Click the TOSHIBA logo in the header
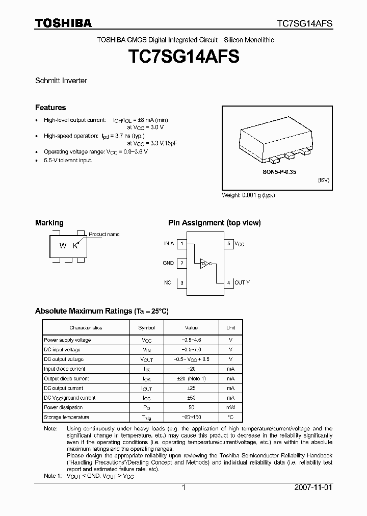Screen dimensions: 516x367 63,23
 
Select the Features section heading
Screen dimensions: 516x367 50,108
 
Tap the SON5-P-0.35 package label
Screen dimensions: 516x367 276,172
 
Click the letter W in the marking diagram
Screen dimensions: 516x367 63,246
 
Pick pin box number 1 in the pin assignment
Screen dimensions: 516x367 182,244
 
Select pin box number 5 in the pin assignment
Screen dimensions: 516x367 229,244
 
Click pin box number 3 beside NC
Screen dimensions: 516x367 182,282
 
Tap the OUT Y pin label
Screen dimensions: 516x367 243,282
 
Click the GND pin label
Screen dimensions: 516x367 168,263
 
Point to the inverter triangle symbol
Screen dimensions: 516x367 205,264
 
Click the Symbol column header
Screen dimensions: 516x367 146,328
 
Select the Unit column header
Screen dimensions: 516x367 230,328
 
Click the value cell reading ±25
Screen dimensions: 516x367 191,388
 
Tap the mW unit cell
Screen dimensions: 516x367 230,407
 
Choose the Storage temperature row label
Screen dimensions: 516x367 66,417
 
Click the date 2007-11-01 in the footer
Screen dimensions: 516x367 313,487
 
